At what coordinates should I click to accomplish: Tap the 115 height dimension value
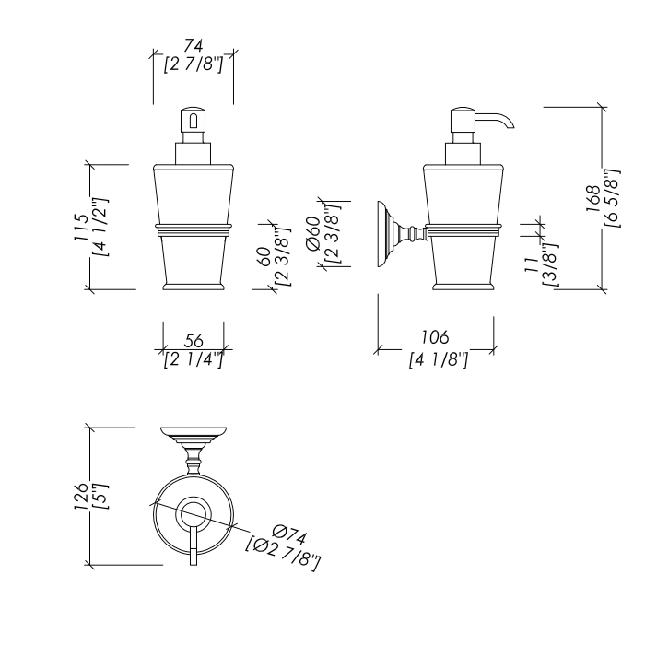click(82, 228)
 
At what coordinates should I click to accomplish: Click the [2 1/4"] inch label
click(193, 359)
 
